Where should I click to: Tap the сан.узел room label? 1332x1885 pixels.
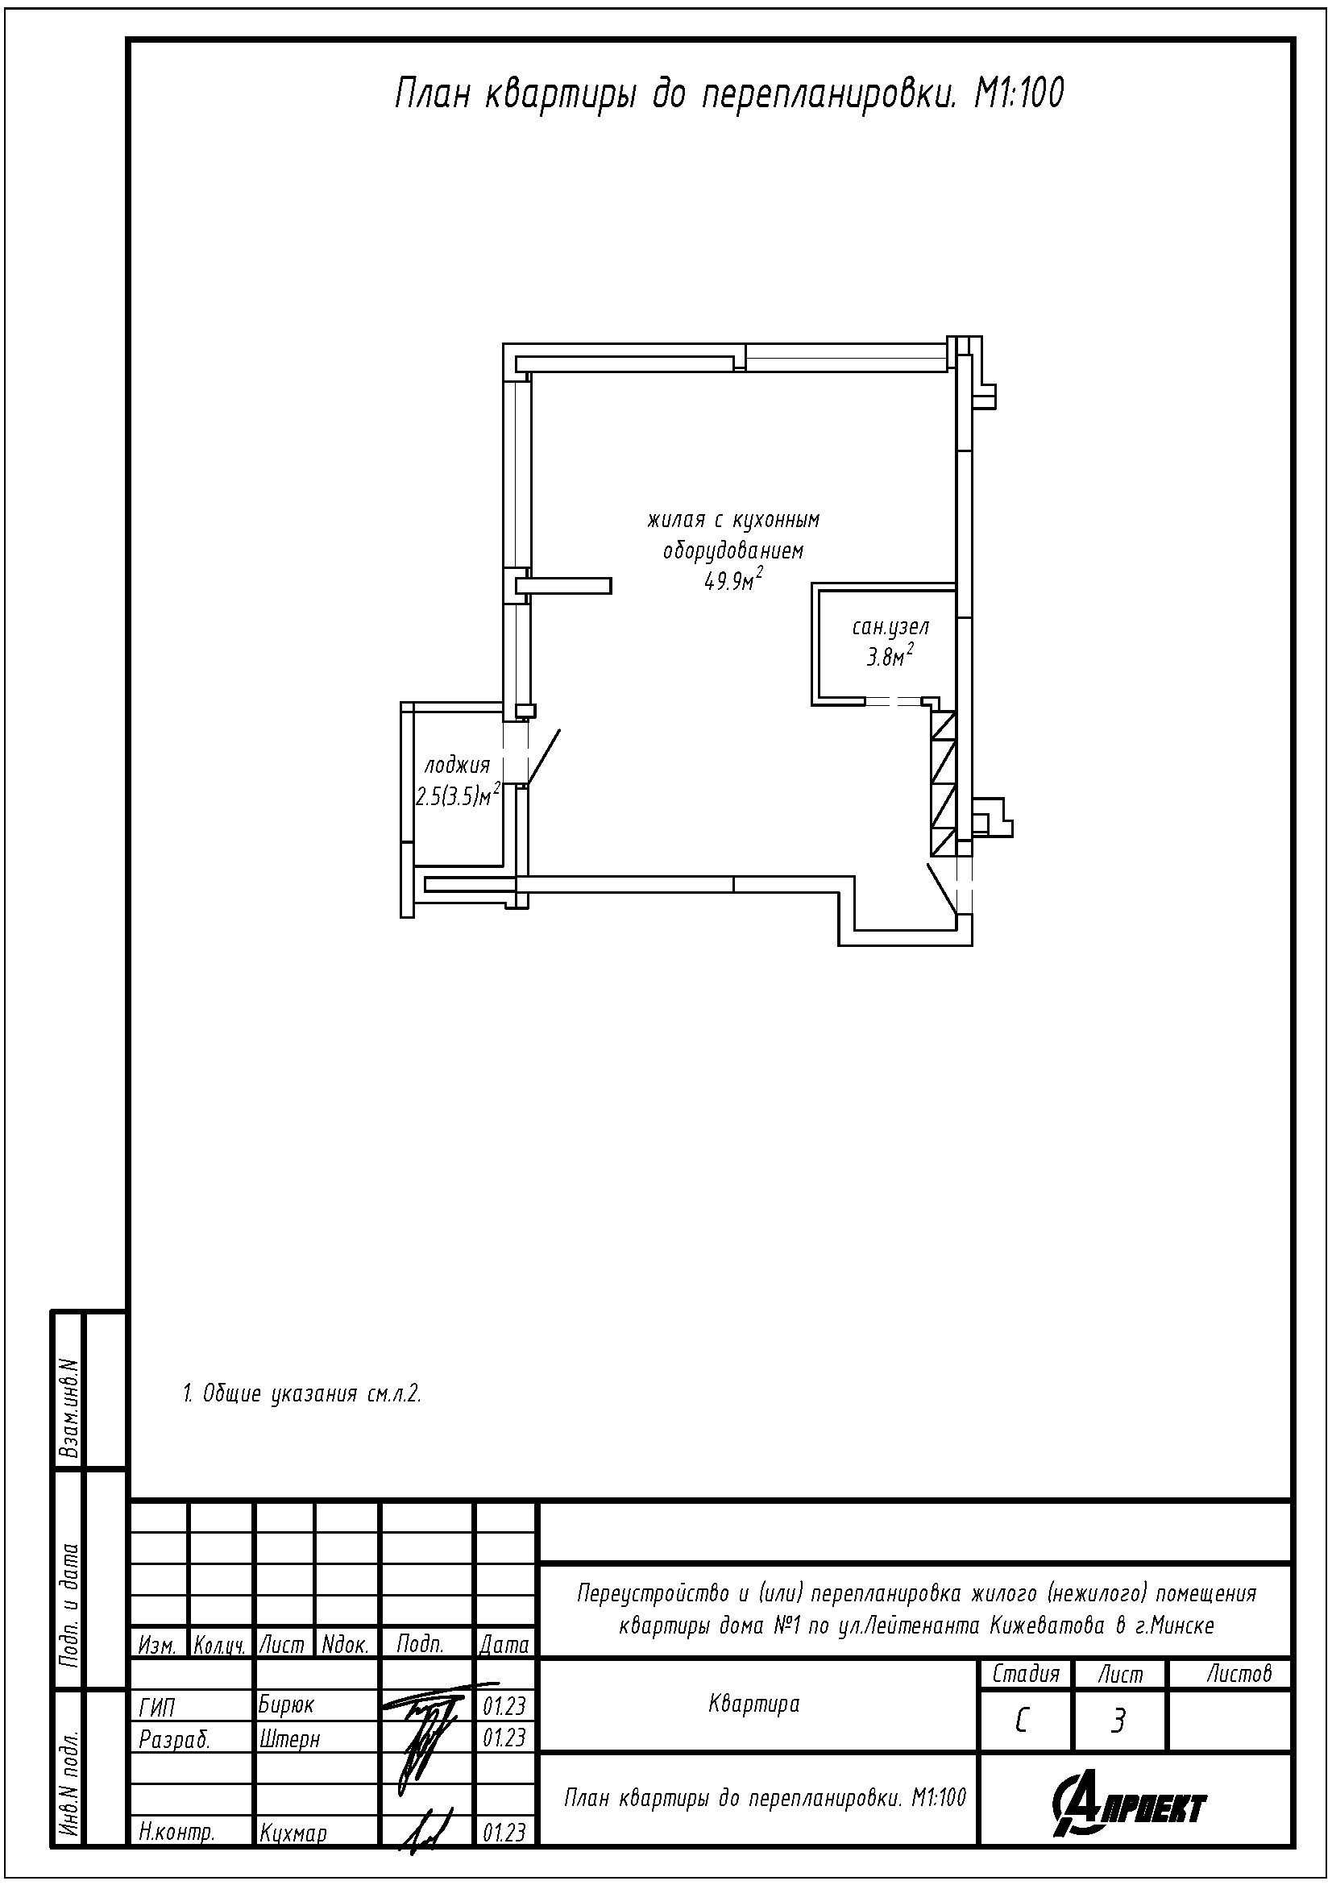[x=890, y=628]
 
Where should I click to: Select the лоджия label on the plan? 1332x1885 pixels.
[x=456, y=766]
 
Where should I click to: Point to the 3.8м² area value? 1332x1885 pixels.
[x=890, y=657]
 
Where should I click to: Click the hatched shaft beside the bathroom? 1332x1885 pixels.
[x=943, y=783]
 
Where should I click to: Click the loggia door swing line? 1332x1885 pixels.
[x=543, y=757]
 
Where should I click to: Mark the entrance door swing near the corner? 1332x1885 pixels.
[x=942, y=887]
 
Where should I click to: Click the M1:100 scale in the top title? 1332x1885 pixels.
[x=1019, y=94]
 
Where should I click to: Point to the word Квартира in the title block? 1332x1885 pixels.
[x=753, y=1704]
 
